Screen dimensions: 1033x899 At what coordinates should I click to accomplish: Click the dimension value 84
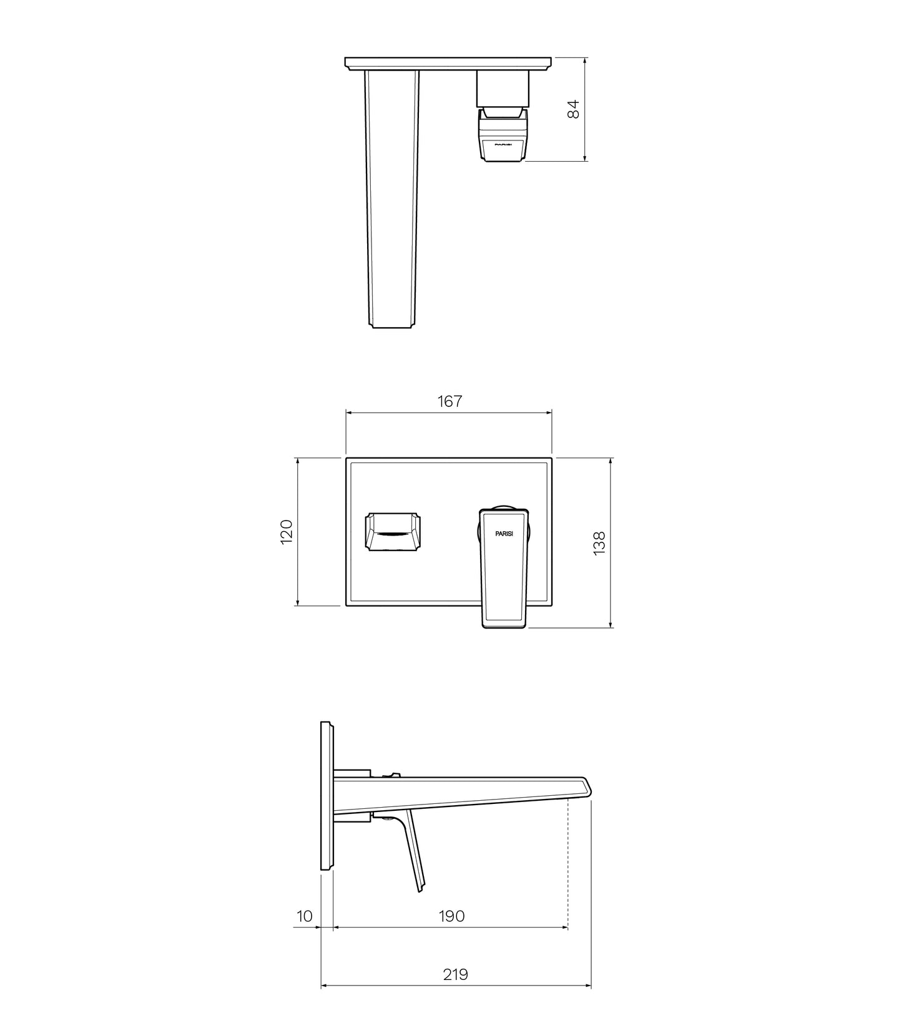(x=574, y=109)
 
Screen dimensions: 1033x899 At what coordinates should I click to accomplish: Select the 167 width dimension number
(x=449, y=401)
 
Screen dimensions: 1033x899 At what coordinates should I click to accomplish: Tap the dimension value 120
(x=287, y=531)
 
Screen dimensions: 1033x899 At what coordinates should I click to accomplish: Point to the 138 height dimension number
(x=599, y=543)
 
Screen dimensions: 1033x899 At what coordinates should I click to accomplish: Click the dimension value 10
(x=304, y=916)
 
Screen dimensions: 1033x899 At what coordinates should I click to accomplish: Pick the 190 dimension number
(x=451, y=916)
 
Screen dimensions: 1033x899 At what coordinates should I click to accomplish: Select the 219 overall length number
(x=455, y=974)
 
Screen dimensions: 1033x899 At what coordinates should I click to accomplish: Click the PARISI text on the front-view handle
(x=504, y=534)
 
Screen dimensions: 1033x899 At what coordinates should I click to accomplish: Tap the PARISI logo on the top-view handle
(x=503, y=144)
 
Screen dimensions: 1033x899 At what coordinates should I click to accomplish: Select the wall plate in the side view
(x=327, y=796)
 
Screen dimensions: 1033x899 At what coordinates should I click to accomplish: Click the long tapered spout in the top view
(x=391, y=200)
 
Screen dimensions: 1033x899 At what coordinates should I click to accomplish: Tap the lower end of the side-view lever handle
(x=421, y=886)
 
